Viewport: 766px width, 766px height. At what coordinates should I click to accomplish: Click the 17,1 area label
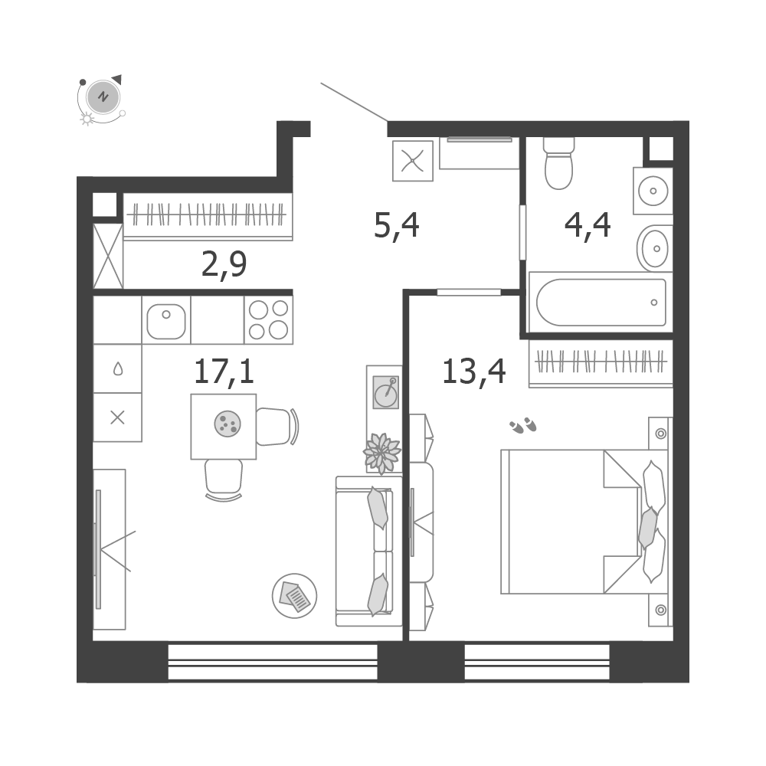click(x=224, y=372)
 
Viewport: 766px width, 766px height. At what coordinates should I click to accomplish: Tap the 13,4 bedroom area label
click(x=473, y=372)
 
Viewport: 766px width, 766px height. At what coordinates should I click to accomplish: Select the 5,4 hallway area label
click(x=396, y=226)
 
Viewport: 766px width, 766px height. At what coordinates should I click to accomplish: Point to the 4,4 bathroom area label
click(x=588, y=226)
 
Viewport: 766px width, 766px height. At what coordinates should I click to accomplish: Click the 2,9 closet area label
click(x=224, y=265)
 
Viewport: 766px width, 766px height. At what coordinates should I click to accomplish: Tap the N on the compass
click(x=103, y=97)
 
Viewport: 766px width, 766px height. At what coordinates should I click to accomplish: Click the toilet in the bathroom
click(x=558, y=163)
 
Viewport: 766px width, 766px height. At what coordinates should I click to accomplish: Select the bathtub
click(x=601, y=302)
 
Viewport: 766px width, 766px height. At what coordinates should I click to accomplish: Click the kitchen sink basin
click(x=166, y=322)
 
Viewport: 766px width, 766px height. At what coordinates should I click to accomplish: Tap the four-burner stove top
click(x=268, y=320)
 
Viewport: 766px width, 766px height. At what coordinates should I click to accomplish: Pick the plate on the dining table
click(x=228, y=424)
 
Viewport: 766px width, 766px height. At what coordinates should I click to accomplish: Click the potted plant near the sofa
click(x=382, y=453)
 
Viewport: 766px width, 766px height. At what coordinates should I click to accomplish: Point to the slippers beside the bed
click(x=522, y=425)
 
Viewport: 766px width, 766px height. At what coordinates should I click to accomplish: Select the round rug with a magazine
click(x=295, y=596)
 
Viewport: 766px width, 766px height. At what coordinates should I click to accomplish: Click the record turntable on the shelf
click(x=386, y=391)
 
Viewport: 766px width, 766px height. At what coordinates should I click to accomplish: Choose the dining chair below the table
click(x=224, y=480)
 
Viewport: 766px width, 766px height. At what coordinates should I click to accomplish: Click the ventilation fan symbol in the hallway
click(x=413, y=161)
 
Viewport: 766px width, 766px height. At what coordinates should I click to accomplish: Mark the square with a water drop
click(x=118, y=368)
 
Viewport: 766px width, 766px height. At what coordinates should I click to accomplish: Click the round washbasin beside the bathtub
click(x=654, y=248)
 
